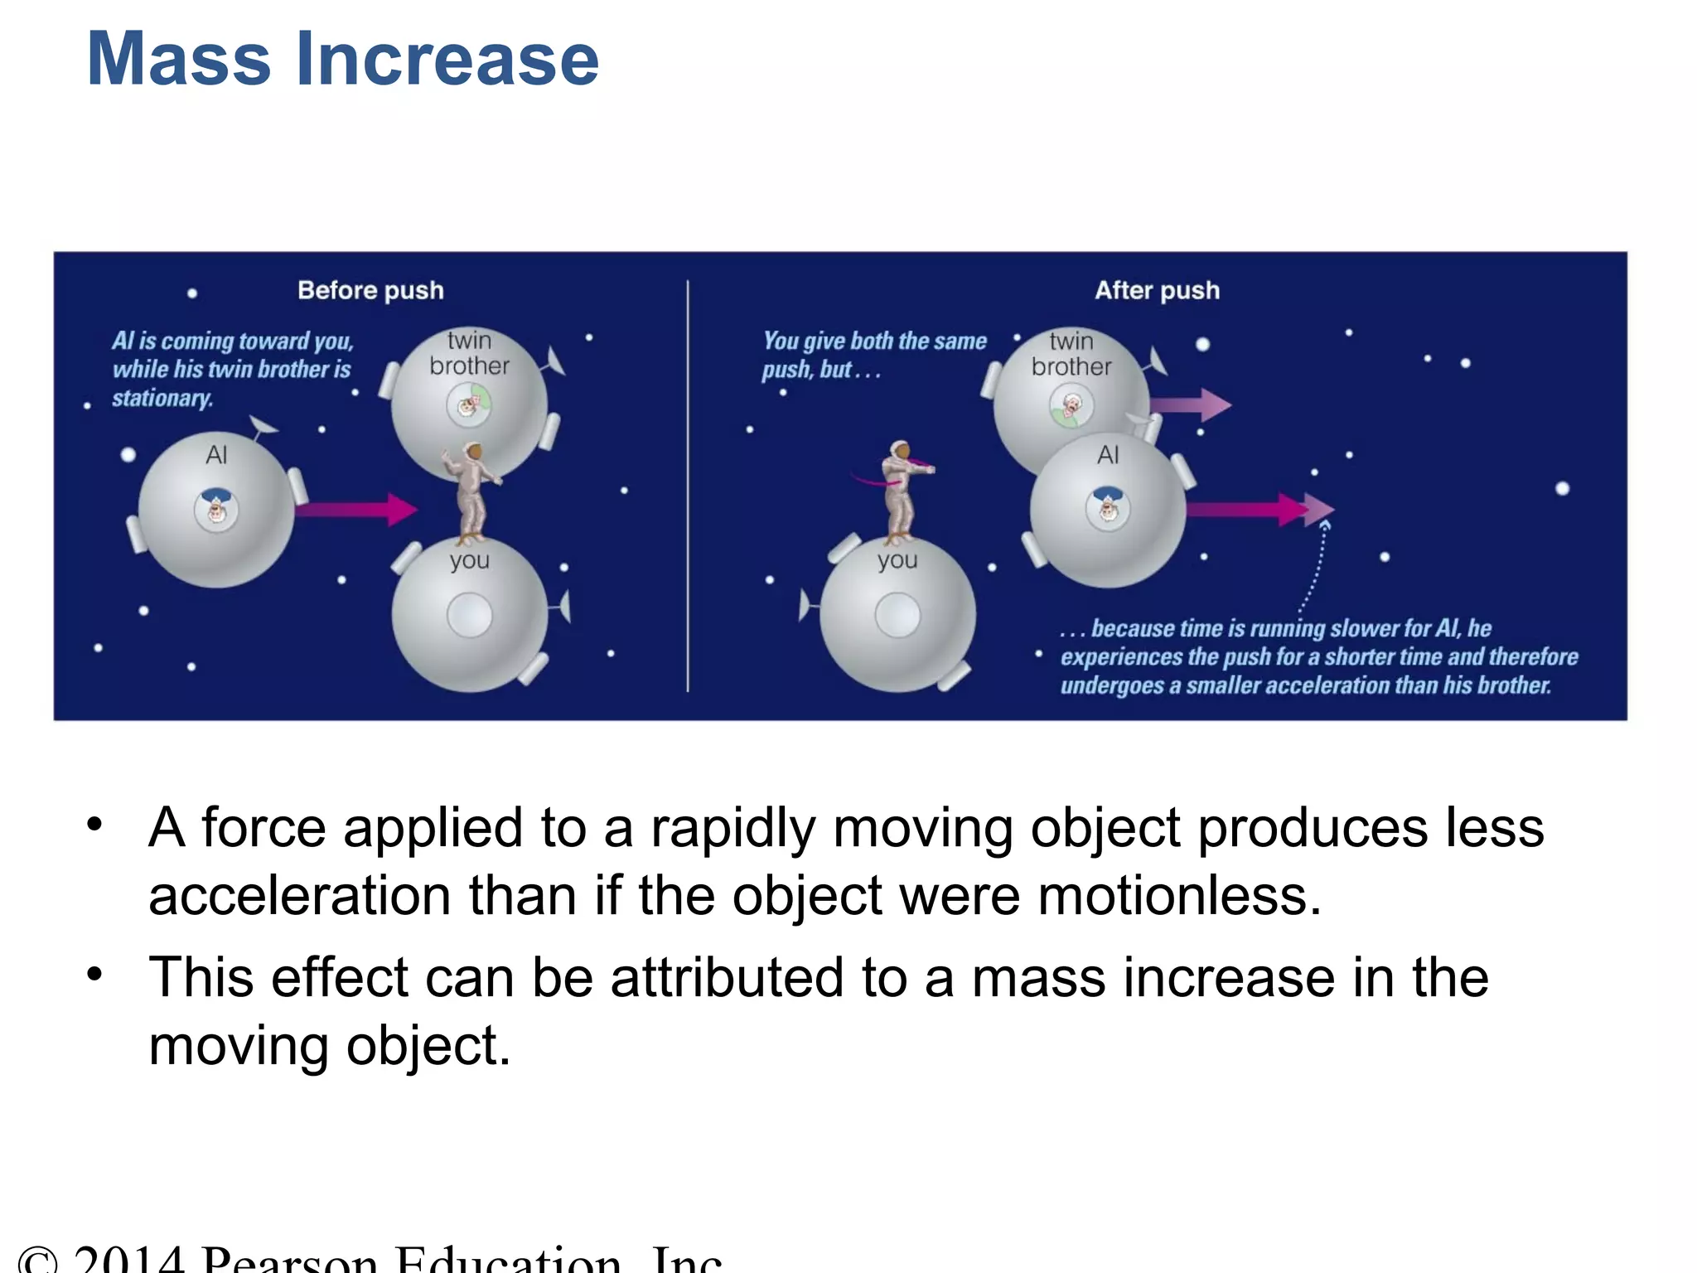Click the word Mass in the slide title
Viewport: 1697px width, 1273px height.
(x=179, y=60)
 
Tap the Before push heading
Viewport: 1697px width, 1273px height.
(x=370, y=290)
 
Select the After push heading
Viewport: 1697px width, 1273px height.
(x=1157, y=290)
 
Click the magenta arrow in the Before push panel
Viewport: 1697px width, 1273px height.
(x=356, y=508)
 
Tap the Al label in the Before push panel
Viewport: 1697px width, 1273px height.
(x=216, y=455)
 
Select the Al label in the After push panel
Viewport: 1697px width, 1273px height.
(x=1108, y=455)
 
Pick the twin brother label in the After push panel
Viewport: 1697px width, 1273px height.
(x=1071, y=354)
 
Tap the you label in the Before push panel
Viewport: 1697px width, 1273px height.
(x=470, y=561)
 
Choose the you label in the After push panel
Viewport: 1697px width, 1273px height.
(x=897, y=561)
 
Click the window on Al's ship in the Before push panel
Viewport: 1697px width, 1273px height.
(x=216, y=510)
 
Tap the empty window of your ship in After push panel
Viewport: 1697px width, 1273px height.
(x=897, y=616)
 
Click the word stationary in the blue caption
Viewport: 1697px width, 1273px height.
(x=162, y=399)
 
